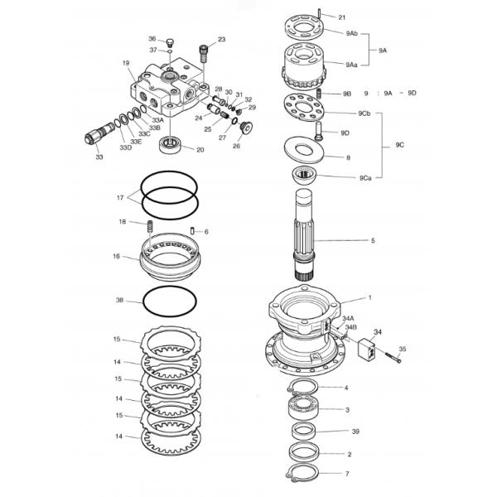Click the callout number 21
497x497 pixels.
tap(341, 17)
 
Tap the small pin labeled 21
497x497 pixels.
tap(319, 14)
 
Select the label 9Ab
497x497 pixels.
tap(351, 33)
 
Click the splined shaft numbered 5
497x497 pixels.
tap(304, 234)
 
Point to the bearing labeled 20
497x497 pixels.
tap(170, 144)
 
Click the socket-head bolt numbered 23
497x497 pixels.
tap(203, 55)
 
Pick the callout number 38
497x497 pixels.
tap(119, 300)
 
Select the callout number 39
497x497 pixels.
tap(355, 432)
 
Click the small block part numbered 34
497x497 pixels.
tap(367, 350)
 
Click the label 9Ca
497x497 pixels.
tap(365, 178)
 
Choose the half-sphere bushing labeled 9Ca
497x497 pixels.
tap(304, 175)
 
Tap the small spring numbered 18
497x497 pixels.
tap(150, 226)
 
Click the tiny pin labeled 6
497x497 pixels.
tap(192, 231)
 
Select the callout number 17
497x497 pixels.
tap(120, 198)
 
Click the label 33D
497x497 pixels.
tap(126, 147)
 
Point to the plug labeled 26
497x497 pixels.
tap(246, 127)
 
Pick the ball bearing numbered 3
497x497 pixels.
tap(303, 407)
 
